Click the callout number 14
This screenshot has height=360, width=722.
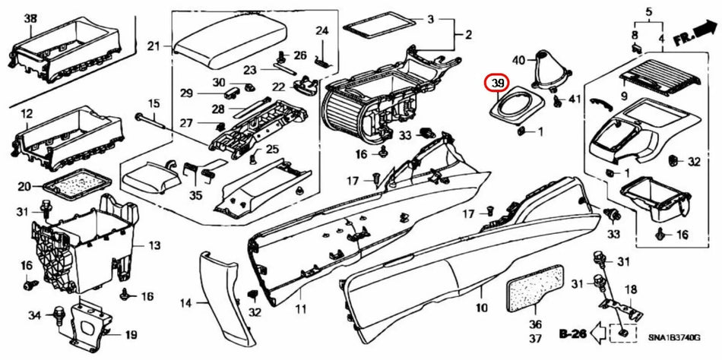185,303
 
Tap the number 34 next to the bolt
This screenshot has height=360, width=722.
33,315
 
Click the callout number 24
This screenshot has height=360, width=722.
321,31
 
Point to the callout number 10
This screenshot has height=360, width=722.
481,308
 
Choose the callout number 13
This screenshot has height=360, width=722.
154,245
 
